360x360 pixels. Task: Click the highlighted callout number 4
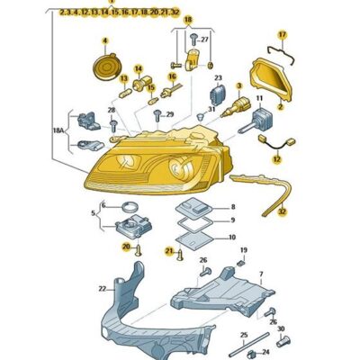coord(103,40)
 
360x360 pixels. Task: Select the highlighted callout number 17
coord(281,34)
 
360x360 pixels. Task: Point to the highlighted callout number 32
coord(282,213)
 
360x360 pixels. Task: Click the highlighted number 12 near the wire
coord(277,158)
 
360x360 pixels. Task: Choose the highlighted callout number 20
coord(126,246)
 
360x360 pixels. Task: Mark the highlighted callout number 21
coord(168,251)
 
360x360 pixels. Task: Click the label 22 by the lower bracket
coord(103,289)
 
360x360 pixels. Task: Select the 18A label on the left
coord(58,130)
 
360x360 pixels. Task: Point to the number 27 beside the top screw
coord(204,40)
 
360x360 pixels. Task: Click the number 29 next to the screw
coord(170,116)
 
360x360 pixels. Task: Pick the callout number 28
coord(112,111)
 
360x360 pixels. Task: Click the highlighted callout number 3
coord(239,85)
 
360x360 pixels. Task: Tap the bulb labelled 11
coord(267,121)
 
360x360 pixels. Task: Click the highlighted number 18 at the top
coord(187,18)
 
